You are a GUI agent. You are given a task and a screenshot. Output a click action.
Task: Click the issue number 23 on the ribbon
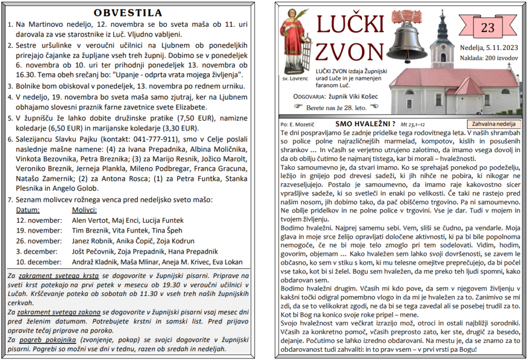pyautogui.click(x=487, y=28)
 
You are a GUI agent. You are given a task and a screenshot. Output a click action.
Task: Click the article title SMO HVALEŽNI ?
pyautogui.click(x=365, y=124)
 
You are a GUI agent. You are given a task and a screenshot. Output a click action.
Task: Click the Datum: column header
pyautogui.click(x=28, y=210)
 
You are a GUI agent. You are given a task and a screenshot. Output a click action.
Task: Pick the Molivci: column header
pyautogui.click(x=84, y=210)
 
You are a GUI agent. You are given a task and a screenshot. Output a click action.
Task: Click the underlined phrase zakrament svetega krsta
pyautogui.click(x=55, y=276)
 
